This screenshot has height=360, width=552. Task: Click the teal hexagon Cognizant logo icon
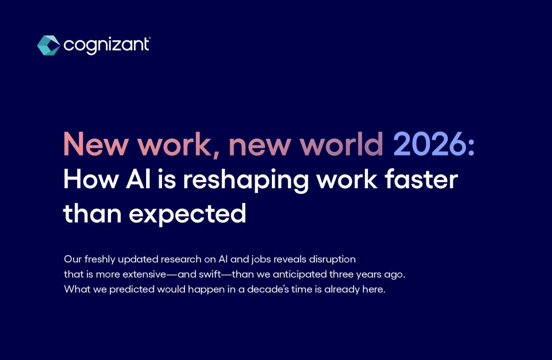49,46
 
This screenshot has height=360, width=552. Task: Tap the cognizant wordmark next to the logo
107,46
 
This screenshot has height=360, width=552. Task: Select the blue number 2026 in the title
430,144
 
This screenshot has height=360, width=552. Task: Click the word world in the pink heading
341,144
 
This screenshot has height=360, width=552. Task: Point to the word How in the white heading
91,179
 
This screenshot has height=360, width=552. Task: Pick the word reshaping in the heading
246,181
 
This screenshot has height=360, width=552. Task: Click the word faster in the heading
421,179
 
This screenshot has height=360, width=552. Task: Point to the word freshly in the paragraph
100,260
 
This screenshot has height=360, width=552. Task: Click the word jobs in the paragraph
261,260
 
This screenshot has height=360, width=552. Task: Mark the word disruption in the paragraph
332,260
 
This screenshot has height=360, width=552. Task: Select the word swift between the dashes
210,275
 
